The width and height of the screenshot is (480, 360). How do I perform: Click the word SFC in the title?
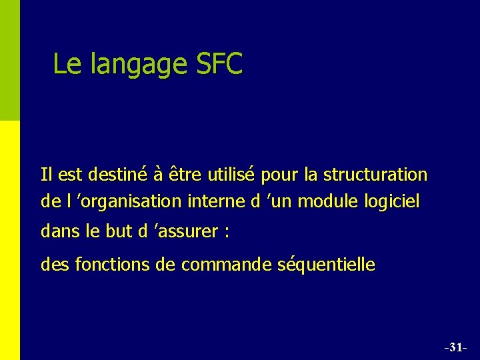point(220,65)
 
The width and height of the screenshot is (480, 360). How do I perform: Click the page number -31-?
point(455,347)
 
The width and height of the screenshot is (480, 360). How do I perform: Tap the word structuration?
point(375,175)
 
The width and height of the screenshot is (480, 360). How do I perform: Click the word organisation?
point(130,202)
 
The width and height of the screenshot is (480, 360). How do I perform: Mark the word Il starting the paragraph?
point(46,175)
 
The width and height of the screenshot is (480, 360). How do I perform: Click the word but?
point(120,231)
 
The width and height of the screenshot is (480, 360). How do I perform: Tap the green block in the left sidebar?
point(10,60)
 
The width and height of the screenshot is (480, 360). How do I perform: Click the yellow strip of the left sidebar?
point(10,240)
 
